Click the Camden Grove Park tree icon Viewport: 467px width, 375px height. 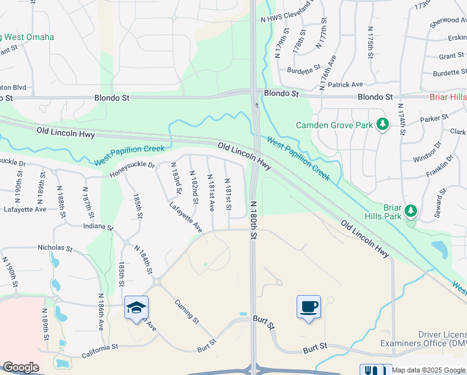pos(383,124)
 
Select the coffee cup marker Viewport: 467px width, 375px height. pos(308,306)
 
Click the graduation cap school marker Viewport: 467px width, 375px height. pos(136,307)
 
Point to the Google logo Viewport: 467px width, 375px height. pos(21,367)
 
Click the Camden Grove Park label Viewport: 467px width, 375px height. pos(335,124)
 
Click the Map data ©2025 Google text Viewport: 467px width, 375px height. pos(428,370)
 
